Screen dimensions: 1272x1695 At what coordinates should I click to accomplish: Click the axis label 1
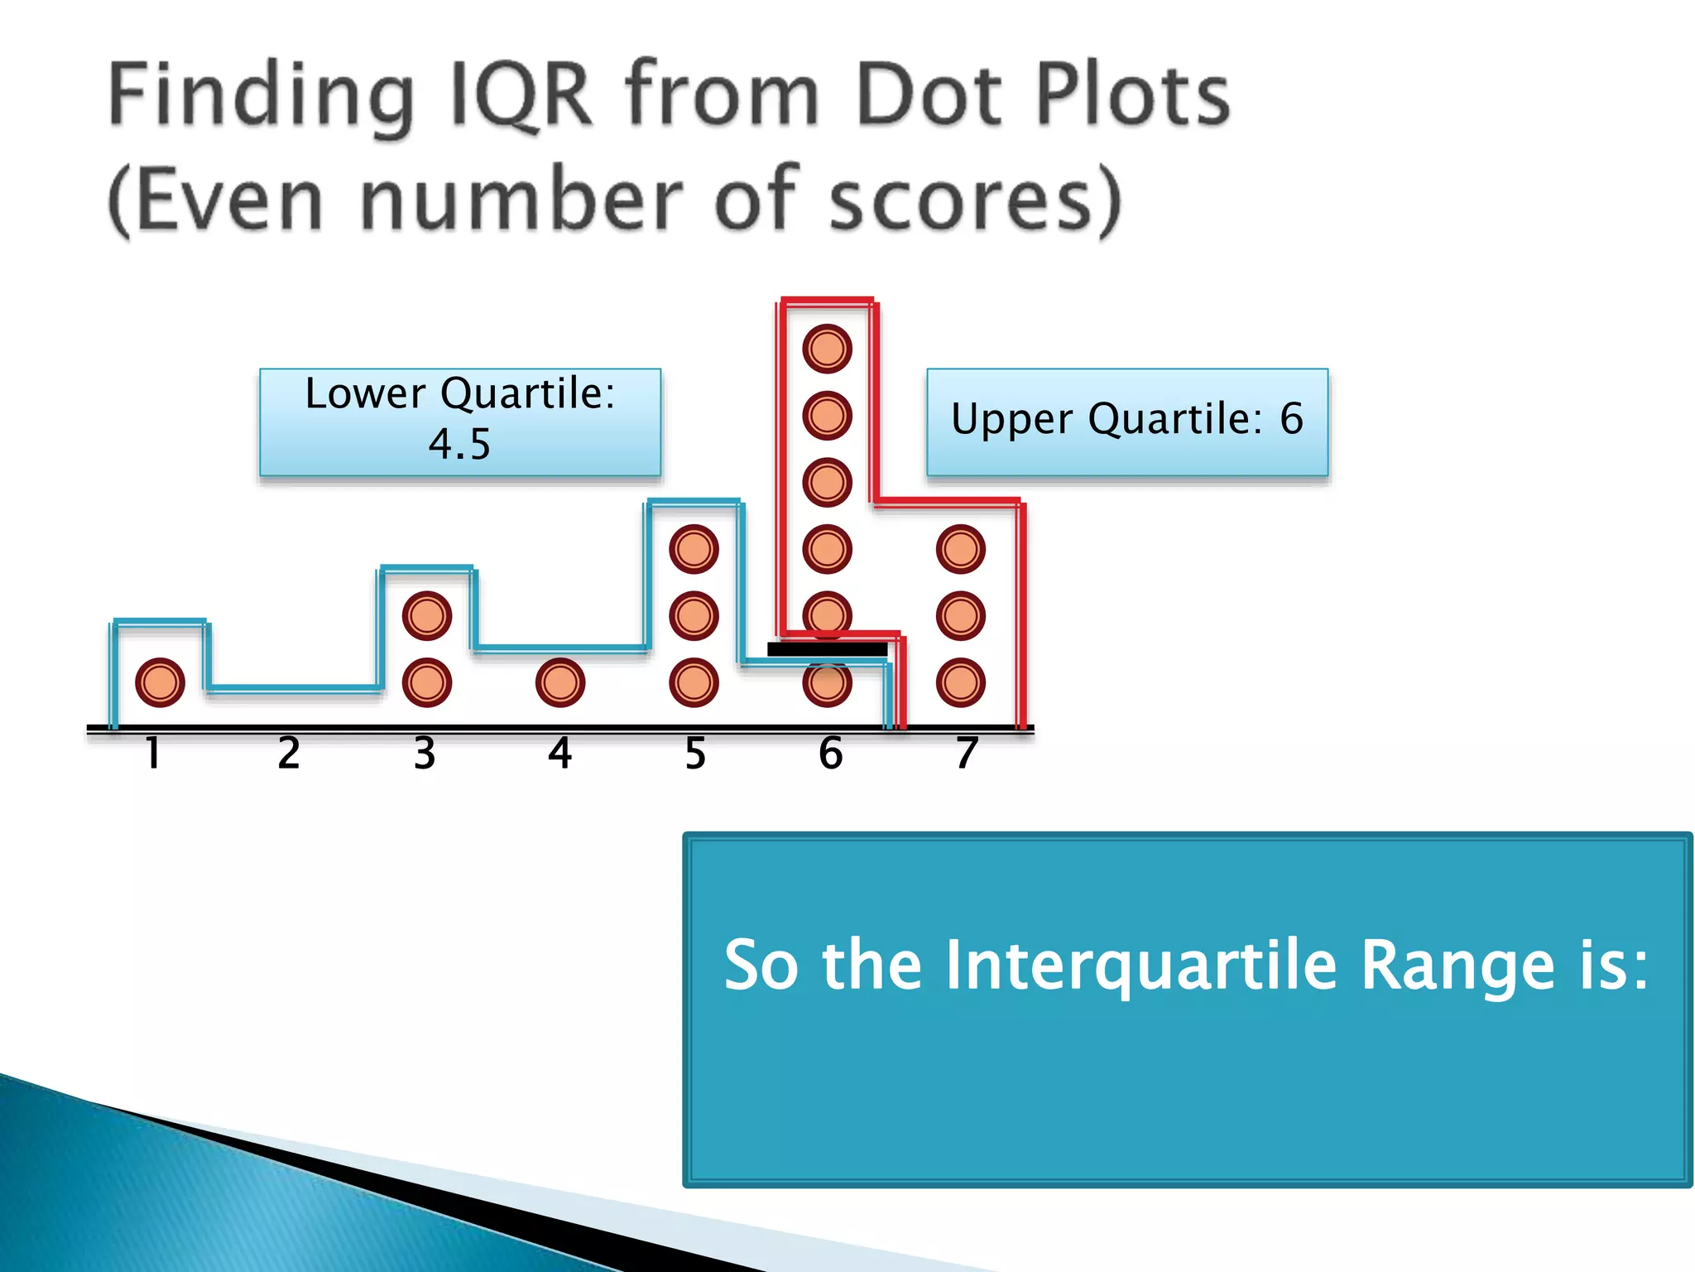153,754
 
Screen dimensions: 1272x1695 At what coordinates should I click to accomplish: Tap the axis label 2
289,754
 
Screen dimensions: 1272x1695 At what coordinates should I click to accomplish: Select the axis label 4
560,754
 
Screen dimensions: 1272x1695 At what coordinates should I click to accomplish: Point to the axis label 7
967,754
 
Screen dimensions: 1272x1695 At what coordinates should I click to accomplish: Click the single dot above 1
160,683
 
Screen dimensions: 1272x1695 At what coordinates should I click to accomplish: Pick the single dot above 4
560,683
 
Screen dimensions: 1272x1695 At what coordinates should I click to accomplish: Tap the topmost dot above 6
827,349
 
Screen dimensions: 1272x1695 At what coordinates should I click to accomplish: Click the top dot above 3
427,616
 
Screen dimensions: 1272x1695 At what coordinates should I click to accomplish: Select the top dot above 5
694,549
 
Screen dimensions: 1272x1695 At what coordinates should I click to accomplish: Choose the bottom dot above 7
961,683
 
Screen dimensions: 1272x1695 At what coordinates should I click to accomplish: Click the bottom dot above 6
827,685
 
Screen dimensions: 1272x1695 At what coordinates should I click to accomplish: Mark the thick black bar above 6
827,649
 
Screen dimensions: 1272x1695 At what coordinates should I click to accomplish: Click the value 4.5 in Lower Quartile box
459,445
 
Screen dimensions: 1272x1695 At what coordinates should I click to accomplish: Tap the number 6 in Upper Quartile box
1291,418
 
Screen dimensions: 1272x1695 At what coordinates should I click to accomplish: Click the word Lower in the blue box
366,393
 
